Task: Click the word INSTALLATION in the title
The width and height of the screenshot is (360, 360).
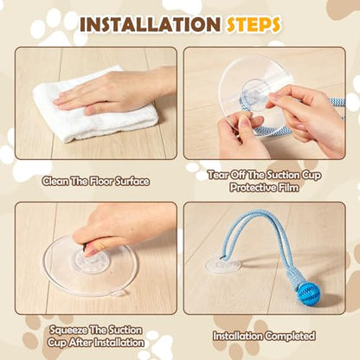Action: pos(151,24)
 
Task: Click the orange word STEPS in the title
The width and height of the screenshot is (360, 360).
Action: pos(254,24)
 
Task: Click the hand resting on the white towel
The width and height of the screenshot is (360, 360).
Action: pos(115,91)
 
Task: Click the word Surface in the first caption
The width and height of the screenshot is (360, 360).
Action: pos(132,182)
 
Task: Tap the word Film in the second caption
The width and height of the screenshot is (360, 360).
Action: pos(288,188)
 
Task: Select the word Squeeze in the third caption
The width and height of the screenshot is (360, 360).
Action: pos(67,330)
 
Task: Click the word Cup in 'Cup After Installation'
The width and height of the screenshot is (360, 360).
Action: pos(56,343)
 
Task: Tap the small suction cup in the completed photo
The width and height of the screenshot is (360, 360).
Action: pos(223,266)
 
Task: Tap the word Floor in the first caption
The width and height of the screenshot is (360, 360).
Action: pos(101,182)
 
